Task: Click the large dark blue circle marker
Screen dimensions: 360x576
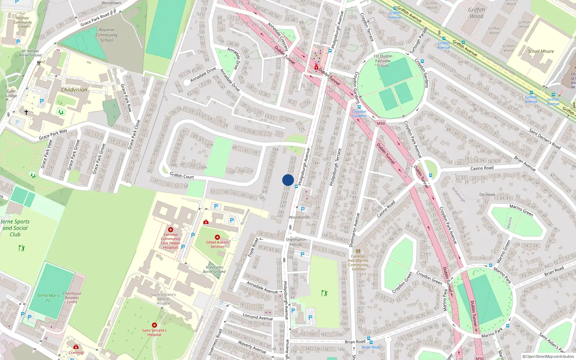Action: click(288, 180)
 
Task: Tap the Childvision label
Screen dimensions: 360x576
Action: click(74, 90)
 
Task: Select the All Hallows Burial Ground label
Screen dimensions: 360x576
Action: click(30, 53)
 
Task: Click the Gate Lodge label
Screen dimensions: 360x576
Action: click(11, 94)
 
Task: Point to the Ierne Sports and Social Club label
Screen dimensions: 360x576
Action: click(15, 228)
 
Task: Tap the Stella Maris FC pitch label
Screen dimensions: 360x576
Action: click(48, 298)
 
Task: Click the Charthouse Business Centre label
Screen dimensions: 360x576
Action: click(72, 298)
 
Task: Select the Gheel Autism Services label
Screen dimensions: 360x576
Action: click(217, 244)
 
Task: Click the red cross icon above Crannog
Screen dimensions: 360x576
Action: click(76, 347)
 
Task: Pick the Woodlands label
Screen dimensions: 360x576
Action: click(299, 217)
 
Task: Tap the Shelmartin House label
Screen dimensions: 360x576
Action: click(296, 242)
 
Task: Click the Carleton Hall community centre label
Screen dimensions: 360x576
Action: click(358, 263)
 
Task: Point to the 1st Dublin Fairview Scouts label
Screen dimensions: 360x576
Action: click(383, 61)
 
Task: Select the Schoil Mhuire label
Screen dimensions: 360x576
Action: click(541, 51)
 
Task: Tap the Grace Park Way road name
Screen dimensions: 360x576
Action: click(53, 134)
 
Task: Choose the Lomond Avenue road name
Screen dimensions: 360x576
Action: click(257, 317)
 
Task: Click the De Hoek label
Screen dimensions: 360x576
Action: click(487, 195)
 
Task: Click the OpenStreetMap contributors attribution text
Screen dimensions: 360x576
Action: click(548, 357)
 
